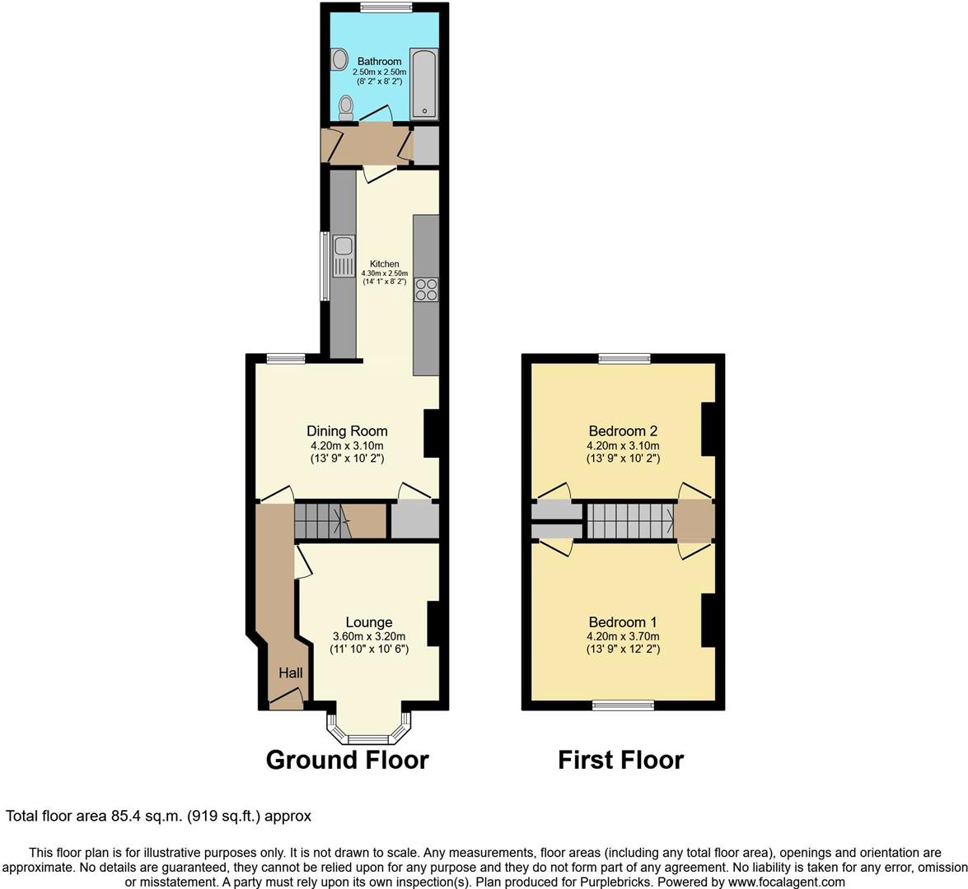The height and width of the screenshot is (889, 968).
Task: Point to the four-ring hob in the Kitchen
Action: coord(427,289)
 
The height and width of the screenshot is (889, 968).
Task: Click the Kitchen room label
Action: coord(385,264)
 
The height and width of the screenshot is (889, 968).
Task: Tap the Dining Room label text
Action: coord(347,431)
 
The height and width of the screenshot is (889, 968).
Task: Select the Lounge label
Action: coord(368,622)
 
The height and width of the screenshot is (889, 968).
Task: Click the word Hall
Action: coord(290,673)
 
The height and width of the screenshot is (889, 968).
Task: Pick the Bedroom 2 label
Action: coord(623,431)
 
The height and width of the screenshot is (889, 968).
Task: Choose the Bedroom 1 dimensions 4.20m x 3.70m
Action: coord(623,636)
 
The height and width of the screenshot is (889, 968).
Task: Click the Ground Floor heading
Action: coord(347,760)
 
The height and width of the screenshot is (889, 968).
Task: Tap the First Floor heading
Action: coord(620,760)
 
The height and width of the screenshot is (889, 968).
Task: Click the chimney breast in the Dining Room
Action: coord(431,433)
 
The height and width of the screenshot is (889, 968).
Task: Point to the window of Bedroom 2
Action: coord(624,358)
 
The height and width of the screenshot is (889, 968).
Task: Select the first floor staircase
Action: coord(629,521)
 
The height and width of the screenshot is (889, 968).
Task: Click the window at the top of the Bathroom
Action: coord(386,8)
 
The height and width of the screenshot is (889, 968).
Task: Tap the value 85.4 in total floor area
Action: coord(127,817)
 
